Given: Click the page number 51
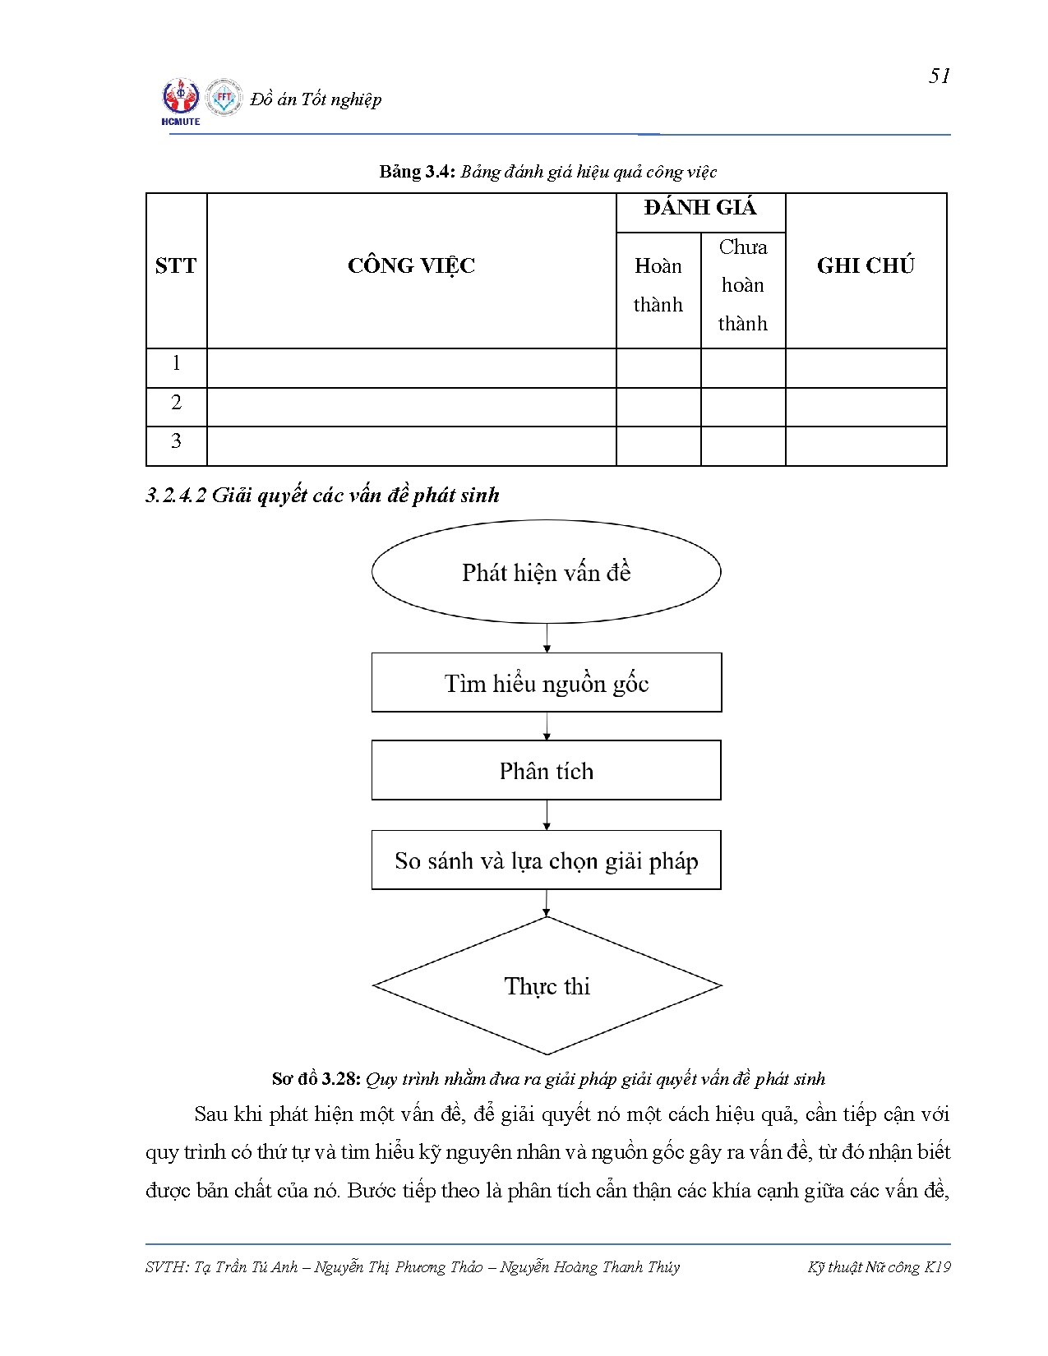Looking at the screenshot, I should tap(940, 76).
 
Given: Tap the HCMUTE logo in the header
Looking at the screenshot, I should tap(181, 101).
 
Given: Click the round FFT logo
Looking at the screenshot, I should tap(224, 98).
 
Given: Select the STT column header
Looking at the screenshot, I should tap(176, 266).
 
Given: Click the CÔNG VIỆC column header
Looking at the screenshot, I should tap(411, 266).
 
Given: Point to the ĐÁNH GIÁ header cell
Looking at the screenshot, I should tap(700, 209).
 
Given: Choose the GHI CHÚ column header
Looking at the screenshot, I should tap(866, 266).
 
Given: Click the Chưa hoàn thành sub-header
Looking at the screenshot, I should tap(743, 286).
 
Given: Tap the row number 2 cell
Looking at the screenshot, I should tap(176, 404).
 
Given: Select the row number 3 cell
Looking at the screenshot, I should tap(176, 442).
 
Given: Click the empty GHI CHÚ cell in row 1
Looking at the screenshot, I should tap(866, 367).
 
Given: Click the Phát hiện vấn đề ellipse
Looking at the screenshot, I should tap(546, 572).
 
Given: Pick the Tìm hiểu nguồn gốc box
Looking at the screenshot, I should tap(546, 683).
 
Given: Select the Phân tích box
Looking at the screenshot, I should tap(546, 771).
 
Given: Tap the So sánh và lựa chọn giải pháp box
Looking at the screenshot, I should tap(546, 860).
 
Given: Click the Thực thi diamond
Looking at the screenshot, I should tap(547, 986).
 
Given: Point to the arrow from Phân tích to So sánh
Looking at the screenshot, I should tap(547, 815).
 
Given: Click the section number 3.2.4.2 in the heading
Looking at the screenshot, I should tap(176, 496).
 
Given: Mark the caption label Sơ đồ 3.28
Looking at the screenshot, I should tap(316, 1079).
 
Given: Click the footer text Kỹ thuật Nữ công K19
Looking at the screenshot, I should tap(879, 1267).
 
